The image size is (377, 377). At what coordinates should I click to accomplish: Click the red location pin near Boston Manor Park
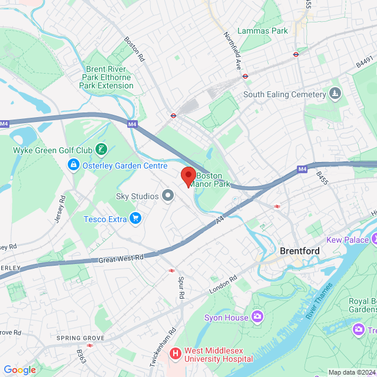188,176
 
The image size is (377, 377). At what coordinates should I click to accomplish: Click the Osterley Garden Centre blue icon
74,166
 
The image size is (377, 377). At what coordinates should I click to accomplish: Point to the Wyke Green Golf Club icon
102,150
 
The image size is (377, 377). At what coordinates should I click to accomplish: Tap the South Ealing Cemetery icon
335,94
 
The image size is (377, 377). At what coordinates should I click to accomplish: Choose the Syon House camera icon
257,318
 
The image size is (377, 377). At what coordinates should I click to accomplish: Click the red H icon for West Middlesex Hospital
175,353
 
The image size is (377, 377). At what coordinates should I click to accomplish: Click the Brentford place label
299,251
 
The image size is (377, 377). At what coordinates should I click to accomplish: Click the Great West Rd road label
121,258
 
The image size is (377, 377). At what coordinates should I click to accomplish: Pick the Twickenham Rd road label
155,347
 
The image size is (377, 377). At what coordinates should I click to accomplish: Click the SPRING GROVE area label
80,338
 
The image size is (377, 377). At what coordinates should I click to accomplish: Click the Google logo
19,369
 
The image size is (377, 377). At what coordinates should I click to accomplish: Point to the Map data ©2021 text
352,372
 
